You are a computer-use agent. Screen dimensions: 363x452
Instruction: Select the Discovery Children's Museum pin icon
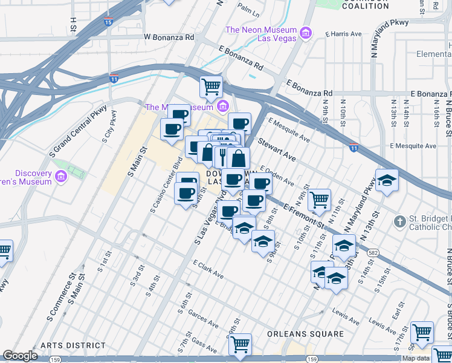[x=60, y=177]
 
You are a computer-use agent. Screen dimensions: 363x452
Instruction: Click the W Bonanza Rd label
[x=169, y=37]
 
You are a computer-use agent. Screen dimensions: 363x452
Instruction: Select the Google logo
[x=20, y=356]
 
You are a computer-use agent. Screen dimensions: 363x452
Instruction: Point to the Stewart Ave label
[x=277, y=149]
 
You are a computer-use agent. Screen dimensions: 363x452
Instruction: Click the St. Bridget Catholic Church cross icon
[x=399, y=222]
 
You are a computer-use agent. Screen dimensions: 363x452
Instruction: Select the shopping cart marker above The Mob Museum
[x=211, y=87]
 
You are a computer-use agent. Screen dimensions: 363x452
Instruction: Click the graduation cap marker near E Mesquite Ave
[x=387, y=180]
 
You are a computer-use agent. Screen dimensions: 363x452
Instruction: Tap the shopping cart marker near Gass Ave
[x=241, y=345]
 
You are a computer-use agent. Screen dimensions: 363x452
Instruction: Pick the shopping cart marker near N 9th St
[x=318, y=199]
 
